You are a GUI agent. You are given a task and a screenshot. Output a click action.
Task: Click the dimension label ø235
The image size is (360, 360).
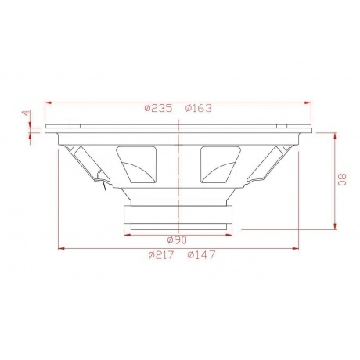158,108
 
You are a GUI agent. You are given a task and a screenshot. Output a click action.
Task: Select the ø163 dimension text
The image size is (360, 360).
199,108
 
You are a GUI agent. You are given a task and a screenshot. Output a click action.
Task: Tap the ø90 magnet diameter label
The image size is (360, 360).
177,240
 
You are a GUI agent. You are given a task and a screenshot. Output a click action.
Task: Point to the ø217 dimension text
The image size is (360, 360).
161,255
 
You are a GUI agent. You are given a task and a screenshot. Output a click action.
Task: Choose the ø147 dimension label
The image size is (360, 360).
201,255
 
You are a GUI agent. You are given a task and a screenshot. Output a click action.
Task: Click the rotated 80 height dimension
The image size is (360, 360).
342,180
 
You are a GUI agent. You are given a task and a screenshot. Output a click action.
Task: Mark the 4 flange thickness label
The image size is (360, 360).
26,113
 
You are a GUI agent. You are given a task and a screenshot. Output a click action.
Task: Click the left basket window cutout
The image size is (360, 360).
136,164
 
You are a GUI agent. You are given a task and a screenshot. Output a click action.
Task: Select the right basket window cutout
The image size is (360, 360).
221,164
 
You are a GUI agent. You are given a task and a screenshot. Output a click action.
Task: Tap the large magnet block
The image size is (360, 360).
178,214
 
